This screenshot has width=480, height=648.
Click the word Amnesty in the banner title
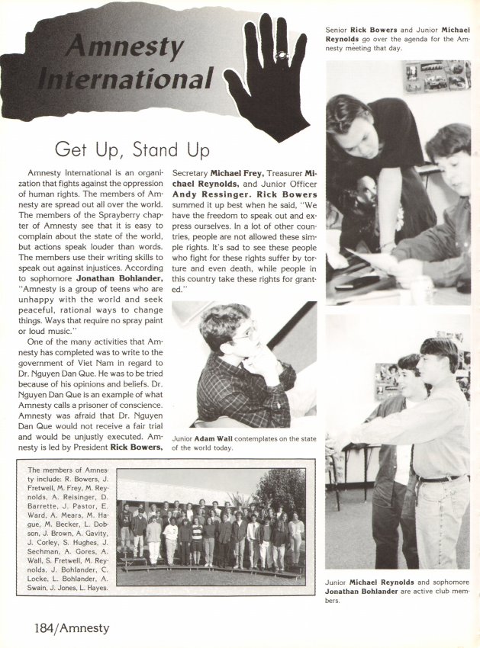click(x=125, y=47)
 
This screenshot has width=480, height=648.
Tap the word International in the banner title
click(x=125, y=78)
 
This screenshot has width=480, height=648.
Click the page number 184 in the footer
click(x=28, y=628)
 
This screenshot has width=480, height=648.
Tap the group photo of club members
click(x=211, y=526)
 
